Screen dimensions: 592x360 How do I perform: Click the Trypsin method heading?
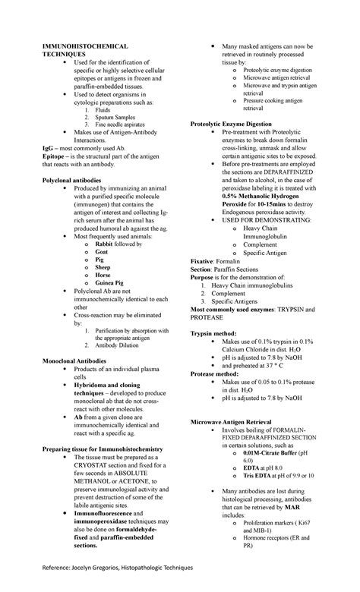[215, 332]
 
